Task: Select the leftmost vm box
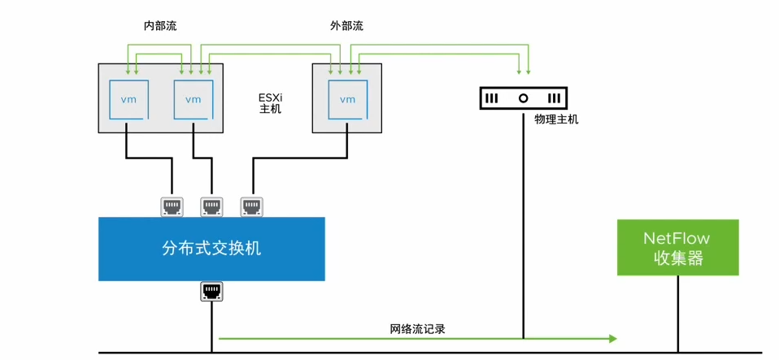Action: (x=128, y=99)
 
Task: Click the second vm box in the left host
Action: (x=193, y=99)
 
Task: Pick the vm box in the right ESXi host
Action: (x=347, y=99)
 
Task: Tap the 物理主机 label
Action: (x=556, y=119)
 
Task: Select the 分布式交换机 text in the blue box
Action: (x=211, y=249)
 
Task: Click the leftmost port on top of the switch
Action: (x=172, y=206)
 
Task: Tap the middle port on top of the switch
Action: (x=211, y=206)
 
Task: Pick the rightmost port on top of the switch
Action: (x=251, y=206)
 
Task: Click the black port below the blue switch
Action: (x=211, y=292)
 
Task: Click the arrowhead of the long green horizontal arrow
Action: (x=612, y=338)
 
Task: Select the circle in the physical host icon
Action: (x=523, y=98)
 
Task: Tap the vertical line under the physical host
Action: (x=523, y=228)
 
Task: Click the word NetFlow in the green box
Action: (x=677, y=238)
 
